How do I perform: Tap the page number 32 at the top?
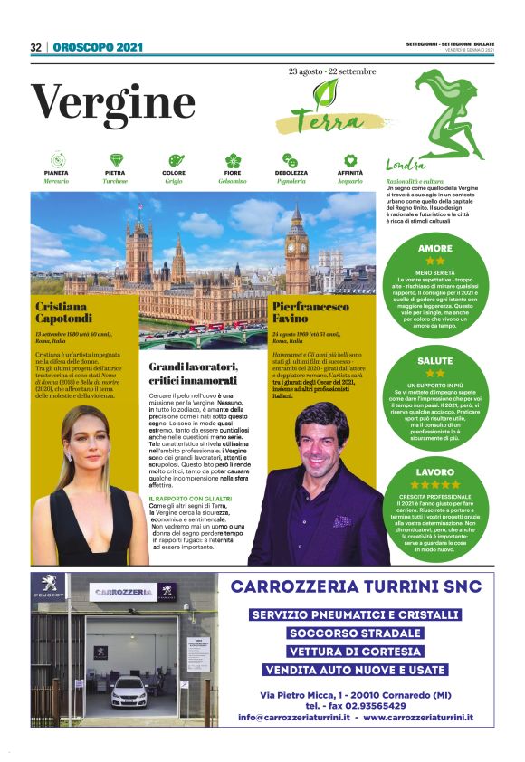pos(36,48)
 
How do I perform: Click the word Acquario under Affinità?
pos(350,181)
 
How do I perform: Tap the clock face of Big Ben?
pos(296,240)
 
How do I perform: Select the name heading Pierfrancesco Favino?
pos(310,313)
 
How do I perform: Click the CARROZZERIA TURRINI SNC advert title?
pos(354,586)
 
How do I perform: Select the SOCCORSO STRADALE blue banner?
pos(355,633)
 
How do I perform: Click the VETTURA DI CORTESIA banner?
pos(355,652)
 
